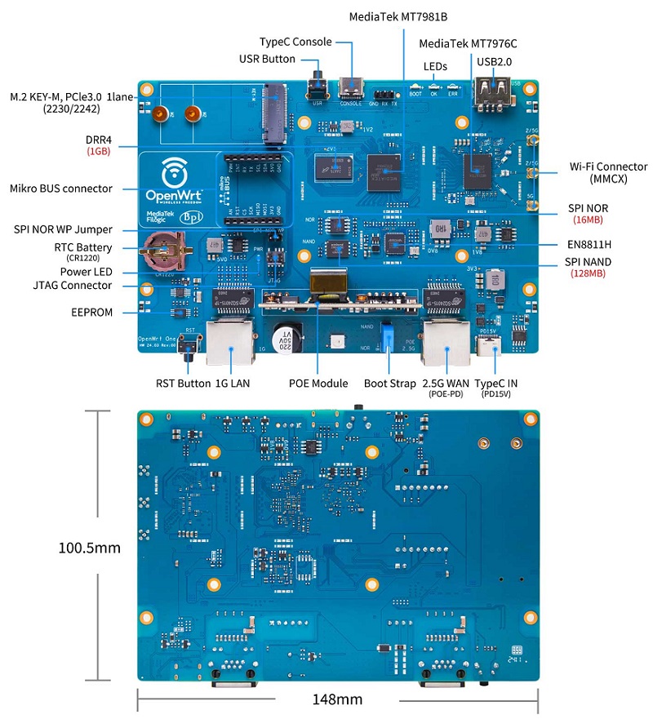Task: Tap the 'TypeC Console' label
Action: pos(295,42)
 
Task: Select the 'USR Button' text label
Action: pos(267,59)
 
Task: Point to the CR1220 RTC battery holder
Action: pos(162,249)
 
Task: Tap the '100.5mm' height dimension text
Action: pos(89,547)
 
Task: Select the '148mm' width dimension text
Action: pos(337,699)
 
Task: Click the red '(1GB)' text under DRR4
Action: pos(99,152)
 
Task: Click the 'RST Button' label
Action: pos(183,383)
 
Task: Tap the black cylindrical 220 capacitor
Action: pos(283,344)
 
